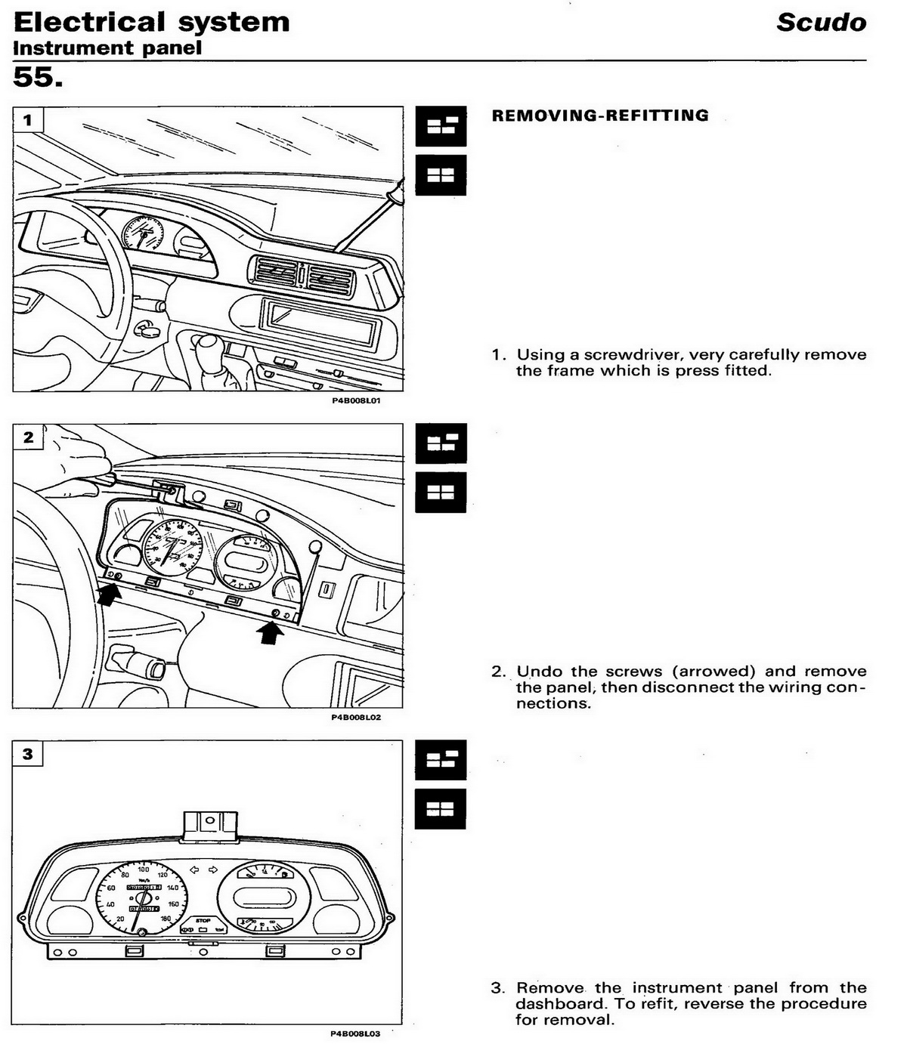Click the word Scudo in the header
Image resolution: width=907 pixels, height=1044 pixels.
click(x=821, y=22)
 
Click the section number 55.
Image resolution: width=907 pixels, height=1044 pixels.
click(x=38, y=76)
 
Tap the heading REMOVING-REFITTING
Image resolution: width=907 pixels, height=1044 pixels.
click(x=600, y=116)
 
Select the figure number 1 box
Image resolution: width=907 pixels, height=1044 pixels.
click(x=28, y=120)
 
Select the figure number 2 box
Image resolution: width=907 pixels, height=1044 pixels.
click(x=28, y=437)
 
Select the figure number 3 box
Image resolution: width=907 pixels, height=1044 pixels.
click(x=28, y=753)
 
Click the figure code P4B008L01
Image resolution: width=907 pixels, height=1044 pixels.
click(x=356, y=400)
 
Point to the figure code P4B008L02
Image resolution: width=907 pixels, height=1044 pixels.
click(x=356, y=717)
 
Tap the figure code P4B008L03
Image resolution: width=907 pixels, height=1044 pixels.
click(x=356, y=1033)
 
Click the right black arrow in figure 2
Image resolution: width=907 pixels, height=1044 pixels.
click(x=271, y=632)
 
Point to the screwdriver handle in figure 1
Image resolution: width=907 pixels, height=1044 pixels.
click(x=395, y=193)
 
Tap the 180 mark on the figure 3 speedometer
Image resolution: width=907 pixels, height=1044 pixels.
click(x=166, y=919)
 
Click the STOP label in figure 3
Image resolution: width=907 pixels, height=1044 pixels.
click(x=203, y=921)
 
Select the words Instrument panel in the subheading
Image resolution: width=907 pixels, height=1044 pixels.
click(x=107, y=48)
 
